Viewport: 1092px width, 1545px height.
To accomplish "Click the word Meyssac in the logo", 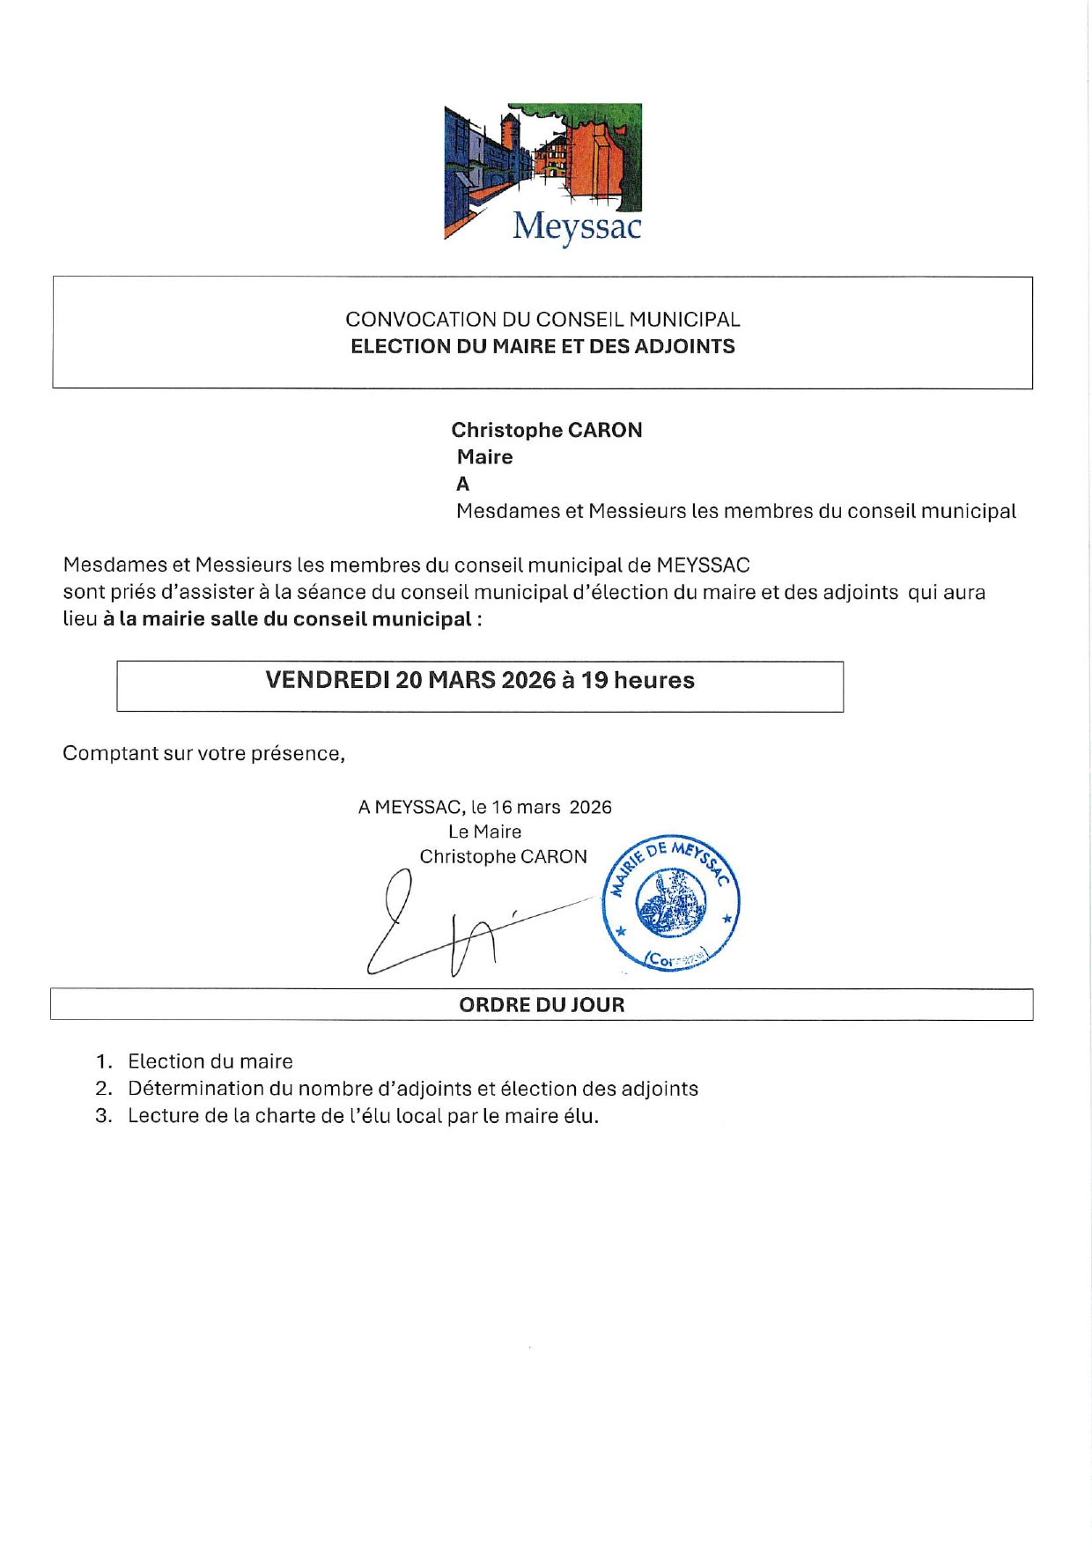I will point(577,226).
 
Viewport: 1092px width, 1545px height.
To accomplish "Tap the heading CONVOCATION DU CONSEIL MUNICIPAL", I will point(542,319).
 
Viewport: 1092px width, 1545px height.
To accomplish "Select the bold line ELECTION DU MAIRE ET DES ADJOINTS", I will point(542,346).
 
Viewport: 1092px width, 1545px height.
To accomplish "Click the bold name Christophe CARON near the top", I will point(546,430).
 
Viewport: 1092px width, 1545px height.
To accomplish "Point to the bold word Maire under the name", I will point(484,456).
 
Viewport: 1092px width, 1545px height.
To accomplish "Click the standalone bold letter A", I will point(462,484).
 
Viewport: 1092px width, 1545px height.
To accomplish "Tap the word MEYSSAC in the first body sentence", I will point(703,565).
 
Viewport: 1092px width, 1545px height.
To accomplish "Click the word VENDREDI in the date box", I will point(327,680).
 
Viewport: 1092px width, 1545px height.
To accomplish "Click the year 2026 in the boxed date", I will point(528,680).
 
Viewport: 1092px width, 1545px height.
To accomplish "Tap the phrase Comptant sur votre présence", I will point(203,753).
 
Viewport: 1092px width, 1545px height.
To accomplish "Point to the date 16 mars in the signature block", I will point(525,807).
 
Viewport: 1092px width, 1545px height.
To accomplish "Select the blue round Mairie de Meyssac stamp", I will point(671,903).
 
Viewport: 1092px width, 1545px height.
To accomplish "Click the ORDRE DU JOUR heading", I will point(542,1004).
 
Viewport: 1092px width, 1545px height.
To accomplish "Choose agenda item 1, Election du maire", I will point(210,1061).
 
